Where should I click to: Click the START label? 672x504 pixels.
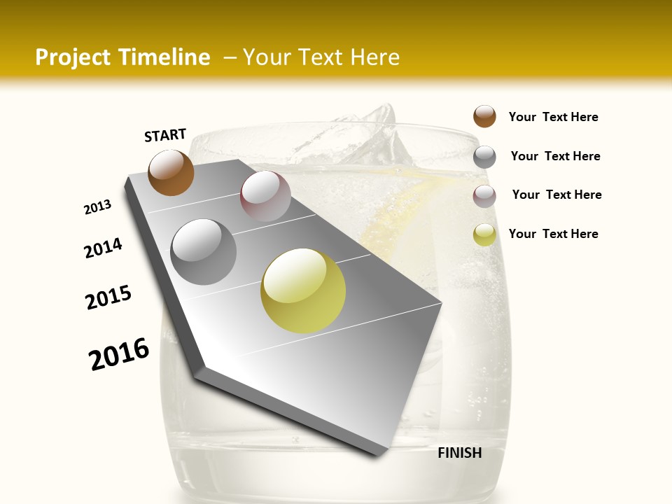click(165, 135)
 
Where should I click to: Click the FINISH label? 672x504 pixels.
click(459, 453)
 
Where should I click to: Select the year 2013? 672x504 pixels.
click(98, 207)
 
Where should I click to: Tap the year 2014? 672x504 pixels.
click(104, 248)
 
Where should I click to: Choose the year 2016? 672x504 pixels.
click(119, 354)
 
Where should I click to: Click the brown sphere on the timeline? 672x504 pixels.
click(171, 173)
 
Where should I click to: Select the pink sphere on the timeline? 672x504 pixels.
click(265, 196)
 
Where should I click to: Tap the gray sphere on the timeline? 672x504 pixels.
click(204, 251)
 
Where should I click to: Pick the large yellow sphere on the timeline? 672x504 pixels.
click(303, 290)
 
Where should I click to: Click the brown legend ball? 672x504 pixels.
click(484, 117)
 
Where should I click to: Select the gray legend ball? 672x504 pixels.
click(484, 157)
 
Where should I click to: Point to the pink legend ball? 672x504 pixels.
click(484, 196)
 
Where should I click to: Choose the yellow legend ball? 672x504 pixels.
click(484, 234)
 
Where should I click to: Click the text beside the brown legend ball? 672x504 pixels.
click(553, 117)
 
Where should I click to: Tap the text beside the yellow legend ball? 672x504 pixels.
click(553, 234)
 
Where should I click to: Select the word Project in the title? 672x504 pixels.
click(71, 57)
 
